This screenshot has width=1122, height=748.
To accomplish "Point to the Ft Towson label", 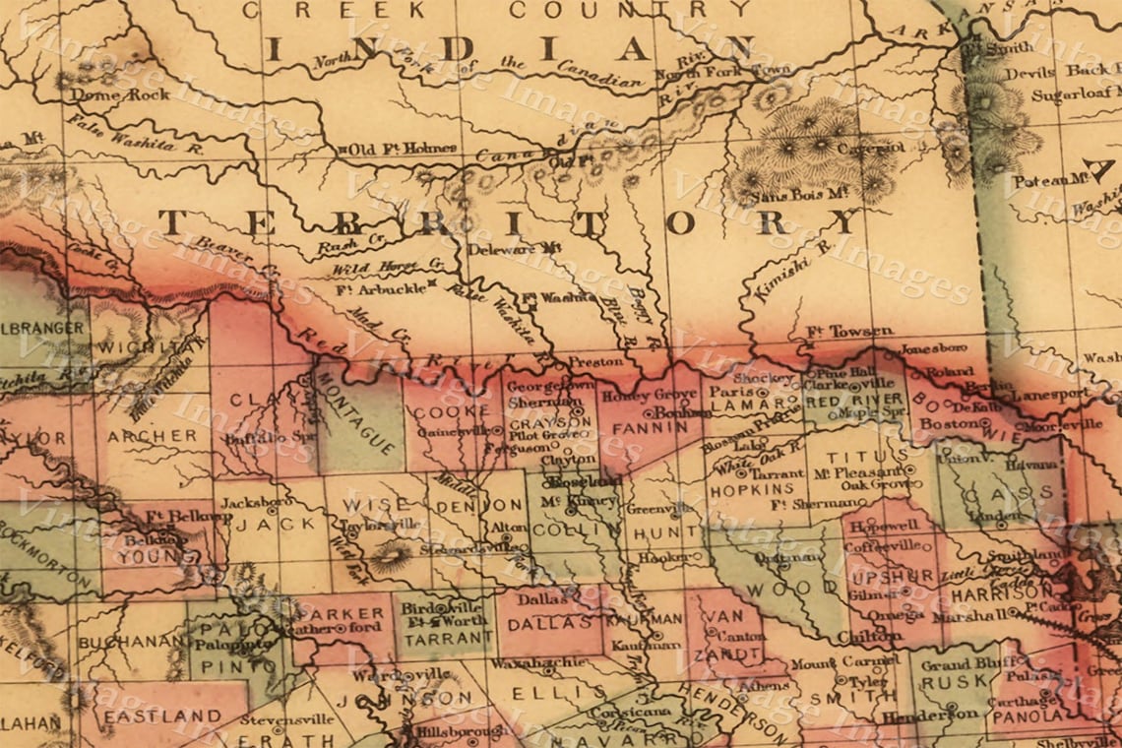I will (x=836, y=332).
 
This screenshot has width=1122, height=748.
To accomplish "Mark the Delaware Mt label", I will (x=513, y=249).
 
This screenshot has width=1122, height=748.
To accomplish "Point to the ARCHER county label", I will (x=152, y=435).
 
